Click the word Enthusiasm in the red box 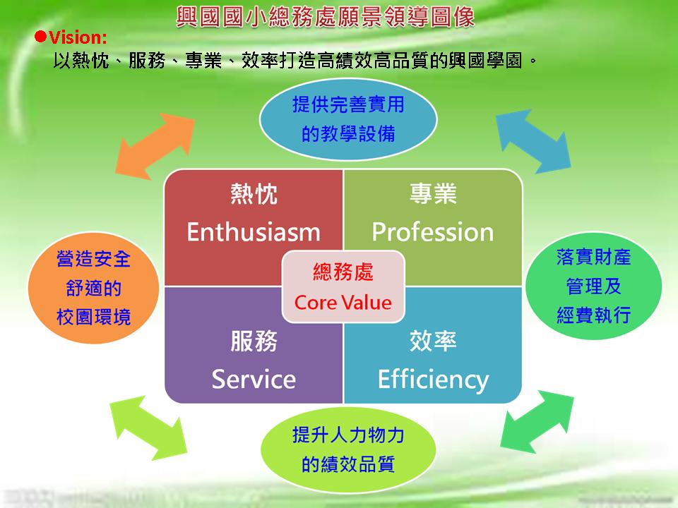[254, 232]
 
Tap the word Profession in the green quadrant [433, 232]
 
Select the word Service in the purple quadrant [254, 380]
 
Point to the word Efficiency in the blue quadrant [433, 380]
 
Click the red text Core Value [343, 303]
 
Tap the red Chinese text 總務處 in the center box [343, 272]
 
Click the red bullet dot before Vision [40, 37]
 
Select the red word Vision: [78, 37]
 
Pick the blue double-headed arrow [533, 141]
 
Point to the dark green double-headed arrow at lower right [537, 423]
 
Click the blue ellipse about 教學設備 [348, 119]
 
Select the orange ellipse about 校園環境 [93, 288]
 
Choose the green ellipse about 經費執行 [593, 286]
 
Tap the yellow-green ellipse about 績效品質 [348, 450]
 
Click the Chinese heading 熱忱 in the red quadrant [254, 194]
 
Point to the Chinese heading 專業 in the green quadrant [433, 193]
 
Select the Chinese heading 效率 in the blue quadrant [433, 341]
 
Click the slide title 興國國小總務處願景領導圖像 [325, 17]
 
